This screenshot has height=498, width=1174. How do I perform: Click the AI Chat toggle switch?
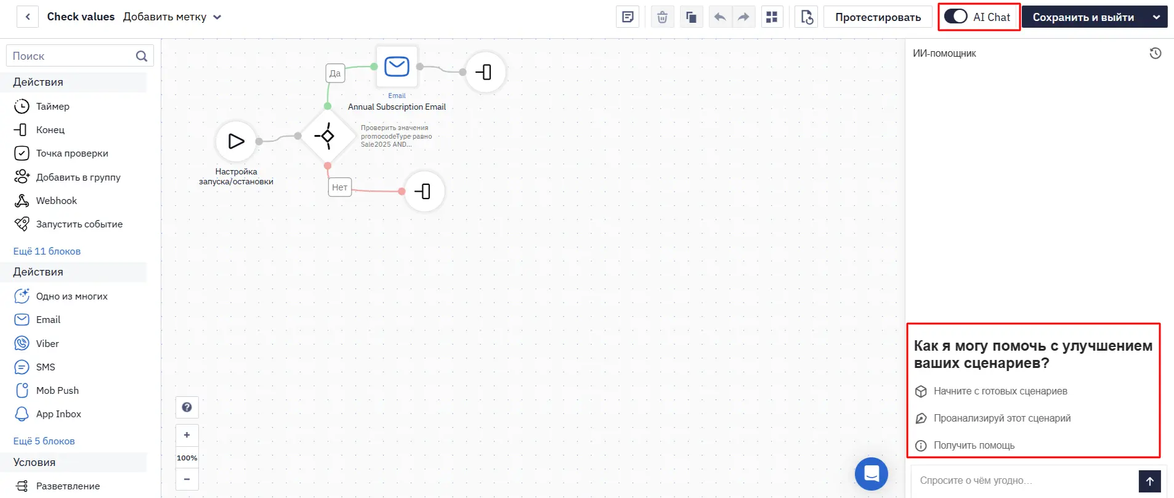tap(955, 17)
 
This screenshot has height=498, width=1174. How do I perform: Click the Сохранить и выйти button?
tap(1083, 17)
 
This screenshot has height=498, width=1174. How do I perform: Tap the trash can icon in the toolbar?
tap(662, 17)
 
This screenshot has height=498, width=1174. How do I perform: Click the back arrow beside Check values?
tap(28, 17)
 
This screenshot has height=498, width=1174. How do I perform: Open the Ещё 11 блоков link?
tap(47, 251)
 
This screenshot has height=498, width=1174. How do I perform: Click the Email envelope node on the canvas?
tap(397, 67)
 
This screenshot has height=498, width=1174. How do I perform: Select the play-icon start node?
tap(236, 141)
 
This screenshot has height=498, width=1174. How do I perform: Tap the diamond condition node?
tap(326, 136)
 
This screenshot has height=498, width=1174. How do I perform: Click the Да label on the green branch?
tap(335, 73)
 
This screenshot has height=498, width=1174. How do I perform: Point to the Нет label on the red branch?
tap(339, 187)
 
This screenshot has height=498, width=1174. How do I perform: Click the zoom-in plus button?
tap(187, 435)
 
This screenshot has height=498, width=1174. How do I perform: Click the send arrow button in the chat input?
tap(1149, 481)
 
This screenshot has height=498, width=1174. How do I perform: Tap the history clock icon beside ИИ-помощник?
tap(1156, 54)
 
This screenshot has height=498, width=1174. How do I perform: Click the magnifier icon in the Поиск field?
tap(141, 56)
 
